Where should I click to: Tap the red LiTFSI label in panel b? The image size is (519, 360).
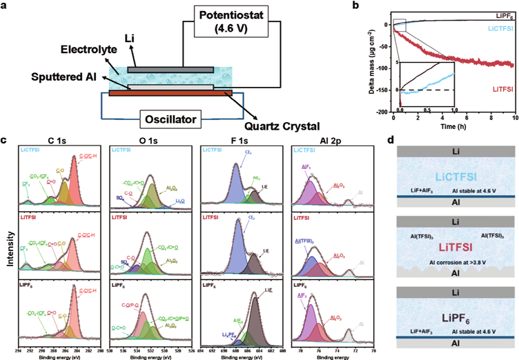coord(488,89)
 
